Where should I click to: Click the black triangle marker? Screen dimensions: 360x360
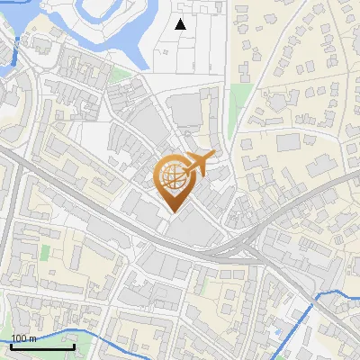pyautogui.click(x=181, y=24)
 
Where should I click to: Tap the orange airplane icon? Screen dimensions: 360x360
pyautogui.click(x=200, y=164)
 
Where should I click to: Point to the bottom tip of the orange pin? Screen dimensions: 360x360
pyautogui.click(x=173, y=212)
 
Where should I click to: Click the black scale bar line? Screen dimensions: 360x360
pyautogui.click(x=41, y=346)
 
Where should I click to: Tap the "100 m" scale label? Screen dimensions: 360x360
pyautogui.click(x=23, y=338)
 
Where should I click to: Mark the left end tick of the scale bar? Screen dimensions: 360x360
pyautogui.click(x=10, y=345)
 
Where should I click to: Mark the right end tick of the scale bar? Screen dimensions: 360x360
pyautogui.click(x=74, y=345)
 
